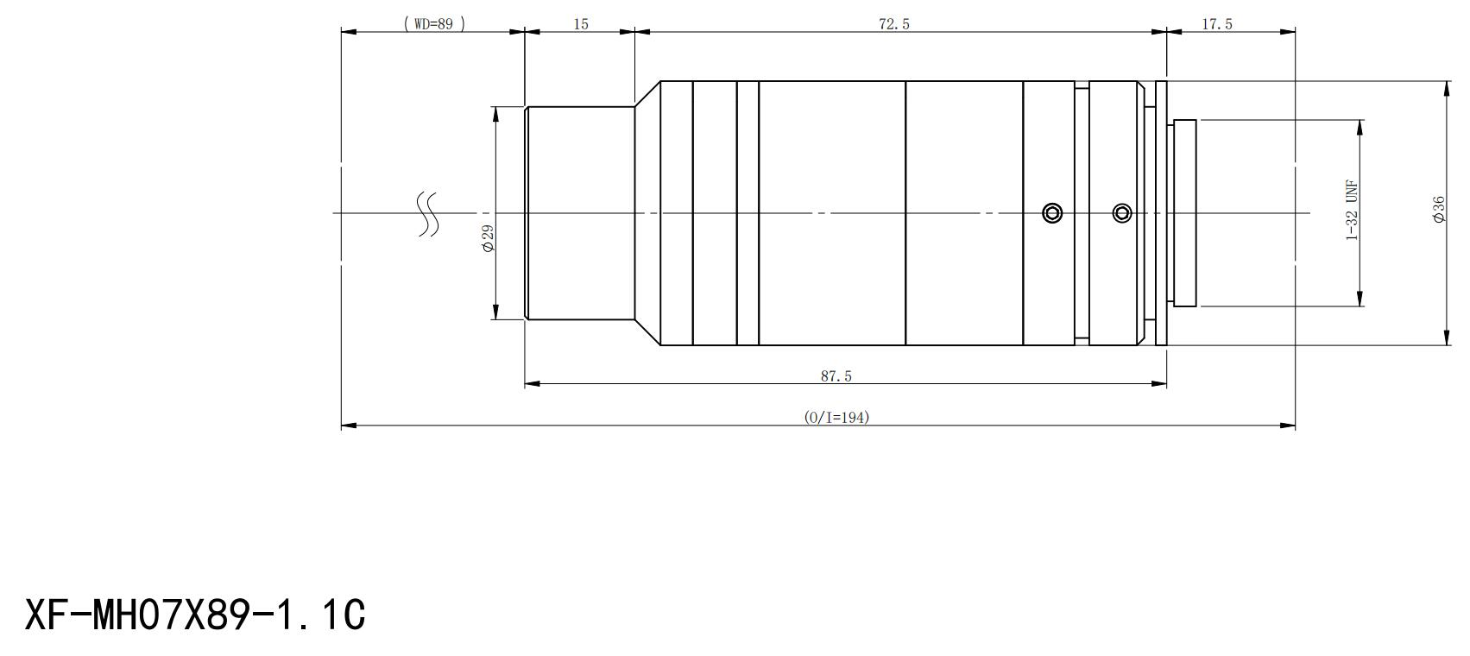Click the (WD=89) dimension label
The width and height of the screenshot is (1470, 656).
tap(434, 24)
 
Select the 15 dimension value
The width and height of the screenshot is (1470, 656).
tap(581, 24)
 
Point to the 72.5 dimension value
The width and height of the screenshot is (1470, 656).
tap(893, 24)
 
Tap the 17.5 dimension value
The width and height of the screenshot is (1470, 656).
tap(1217, 24)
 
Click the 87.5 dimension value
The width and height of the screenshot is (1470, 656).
tap(836, 376)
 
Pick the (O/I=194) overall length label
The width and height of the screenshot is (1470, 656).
tap(836, 417)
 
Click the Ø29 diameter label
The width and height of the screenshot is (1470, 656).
tap(488, 238)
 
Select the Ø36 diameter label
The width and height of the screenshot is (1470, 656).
tap(1439, 209)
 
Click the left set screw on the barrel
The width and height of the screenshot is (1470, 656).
tap(1052, 213)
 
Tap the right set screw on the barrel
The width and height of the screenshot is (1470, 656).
tap(1122, 213)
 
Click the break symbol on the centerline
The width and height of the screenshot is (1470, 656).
tap(428, 214)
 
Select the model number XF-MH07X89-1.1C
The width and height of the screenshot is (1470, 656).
tap(195, 615)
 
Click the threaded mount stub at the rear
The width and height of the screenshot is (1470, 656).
tap(1184, 213)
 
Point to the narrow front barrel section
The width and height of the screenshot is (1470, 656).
tap(580, 213)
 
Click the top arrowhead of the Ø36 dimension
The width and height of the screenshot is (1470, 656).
tap(1447, 89)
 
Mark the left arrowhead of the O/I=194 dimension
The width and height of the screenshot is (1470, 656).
tap(349, 426)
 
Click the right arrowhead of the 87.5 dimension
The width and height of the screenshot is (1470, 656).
tap(1158, 384)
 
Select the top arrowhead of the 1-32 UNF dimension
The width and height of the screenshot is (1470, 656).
tap(1360, 128)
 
